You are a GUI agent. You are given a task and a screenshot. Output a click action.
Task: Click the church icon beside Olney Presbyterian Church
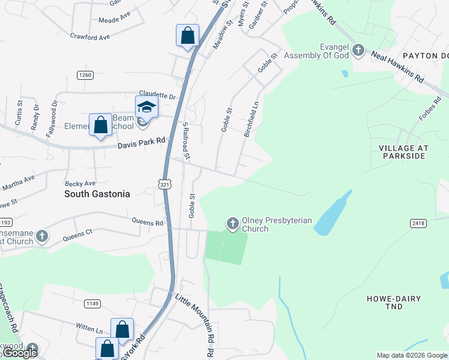click(x=232, y=224)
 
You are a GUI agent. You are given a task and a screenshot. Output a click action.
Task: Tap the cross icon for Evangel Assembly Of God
click(x=358, y=50)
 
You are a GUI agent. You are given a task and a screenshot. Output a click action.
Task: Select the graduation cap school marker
click(x=146, y=107)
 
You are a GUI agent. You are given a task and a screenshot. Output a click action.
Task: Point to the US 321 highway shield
click(x=165, y=185)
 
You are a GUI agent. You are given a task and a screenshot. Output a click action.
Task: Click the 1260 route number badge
click(x=85, y=75)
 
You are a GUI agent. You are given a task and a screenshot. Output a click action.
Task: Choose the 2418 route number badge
click(x=418, y=223)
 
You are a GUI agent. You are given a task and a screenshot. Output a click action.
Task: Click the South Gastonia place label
click(x=97, y=194)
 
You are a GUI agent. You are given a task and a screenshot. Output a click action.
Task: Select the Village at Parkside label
click(x=402, y=152)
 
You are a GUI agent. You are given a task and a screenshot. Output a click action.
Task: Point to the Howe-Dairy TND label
click(x=394, y=302)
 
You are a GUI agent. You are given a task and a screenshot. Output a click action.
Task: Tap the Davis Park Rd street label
click(x=141, y=143)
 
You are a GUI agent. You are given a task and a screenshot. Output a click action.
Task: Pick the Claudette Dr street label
click(x=157, y=95)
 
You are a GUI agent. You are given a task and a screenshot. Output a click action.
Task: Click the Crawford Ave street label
click(x=90, y=37)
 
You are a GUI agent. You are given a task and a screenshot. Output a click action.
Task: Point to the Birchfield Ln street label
click(x=251, y=119)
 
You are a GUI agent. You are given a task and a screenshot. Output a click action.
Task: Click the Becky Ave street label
click(x=80, y=183)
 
